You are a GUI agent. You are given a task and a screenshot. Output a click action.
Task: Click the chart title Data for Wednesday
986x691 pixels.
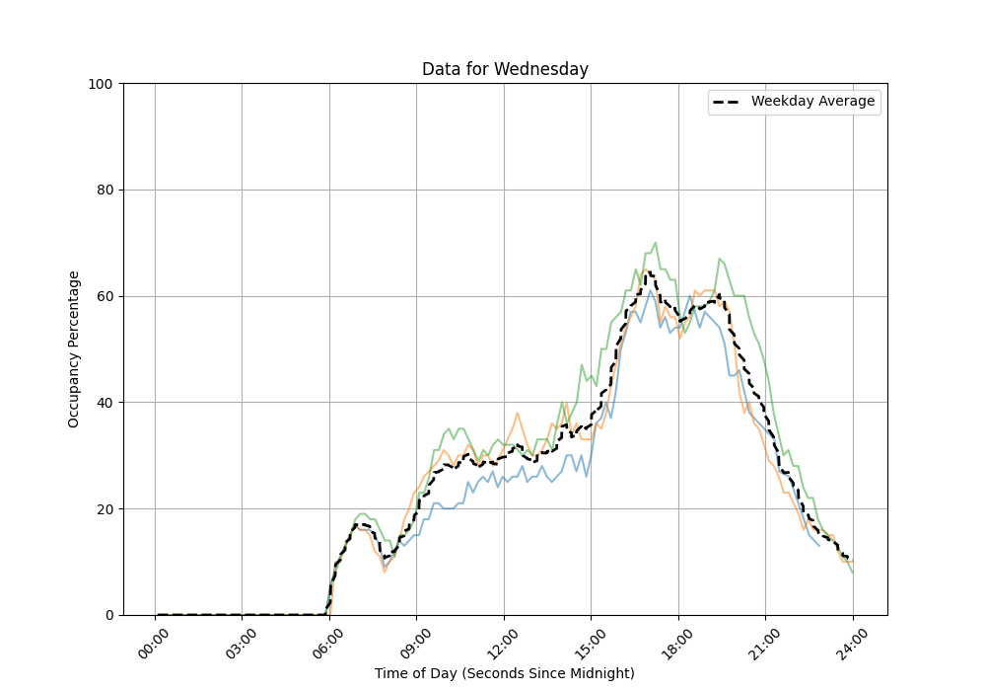click(x=505, y=69)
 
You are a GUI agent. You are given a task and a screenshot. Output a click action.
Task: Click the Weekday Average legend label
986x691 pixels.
click(x=812, y=102)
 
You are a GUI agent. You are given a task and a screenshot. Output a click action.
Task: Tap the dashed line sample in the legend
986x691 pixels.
click(x=728, y=102)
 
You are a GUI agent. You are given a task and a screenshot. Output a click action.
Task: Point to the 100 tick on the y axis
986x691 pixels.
click(x=101, y=84)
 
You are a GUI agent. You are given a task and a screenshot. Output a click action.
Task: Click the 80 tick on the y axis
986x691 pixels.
click(x=104, y=190)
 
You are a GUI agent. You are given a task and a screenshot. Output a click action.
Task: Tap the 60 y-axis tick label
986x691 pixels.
click(x=104, y=296)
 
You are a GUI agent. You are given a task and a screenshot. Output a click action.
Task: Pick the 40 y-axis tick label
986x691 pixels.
click(x=104, y=403)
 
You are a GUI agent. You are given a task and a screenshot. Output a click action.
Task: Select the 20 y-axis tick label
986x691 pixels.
click(x=104, y=509)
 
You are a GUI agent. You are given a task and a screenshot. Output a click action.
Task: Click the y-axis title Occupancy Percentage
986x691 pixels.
click(x=74, y=349)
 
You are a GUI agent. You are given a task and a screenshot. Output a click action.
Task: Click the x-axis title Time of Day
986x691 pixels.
click(x=505, y=673)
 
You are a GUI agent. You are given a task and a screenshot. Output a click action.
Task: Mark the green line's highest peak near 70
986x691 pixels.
click(x=655, y=243)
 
